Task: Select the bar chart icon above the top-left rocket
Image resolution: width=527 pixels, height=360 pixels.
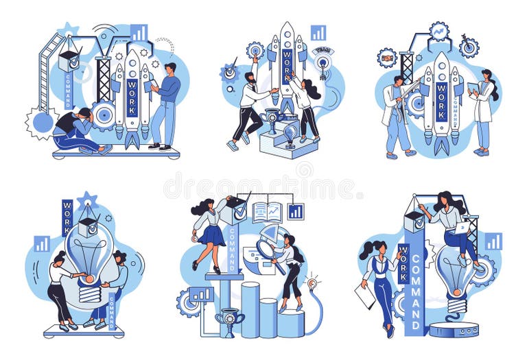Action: pyautogui.click(x=139, y=33)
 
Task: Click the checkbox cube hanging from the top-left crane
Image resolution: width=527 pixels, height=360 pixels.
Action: pyautogui.click(x=69, y=60)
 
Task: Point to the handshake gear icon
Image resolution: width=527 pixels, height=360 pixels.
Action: pyautogui.click(x=386, y=58)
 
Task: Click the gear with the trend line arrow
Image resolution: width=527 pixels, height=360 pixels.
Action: pyautogui.click(x=438, y=31)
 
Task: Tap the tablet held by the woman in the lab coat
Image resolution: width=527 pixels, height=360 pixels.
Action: pyautogui.click(x=473, y=88)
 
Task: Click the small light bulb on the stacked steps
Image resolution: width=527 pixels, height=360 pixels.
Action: pyautogui.click(x=290, y=132)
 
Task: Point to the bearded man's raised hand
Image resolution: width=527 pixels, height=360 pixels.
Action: pyautogui.click(x=255, y=60)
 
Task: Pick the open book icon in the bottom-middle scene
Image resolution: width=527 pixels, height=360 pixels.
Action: pyautogui.click(x=267, y=212)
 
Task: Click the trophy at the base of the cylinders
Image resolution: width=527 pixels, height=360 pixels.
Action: pyautogui.click(x=229, y=321)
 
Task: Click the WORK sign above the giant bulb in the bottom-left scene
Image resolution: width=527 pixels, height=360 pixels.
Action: pyautogui.click(x=67, y=217)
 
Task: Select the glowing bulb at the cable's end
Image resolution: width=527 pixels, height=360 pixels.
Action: pyautogui.click(x=313, y=283)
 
